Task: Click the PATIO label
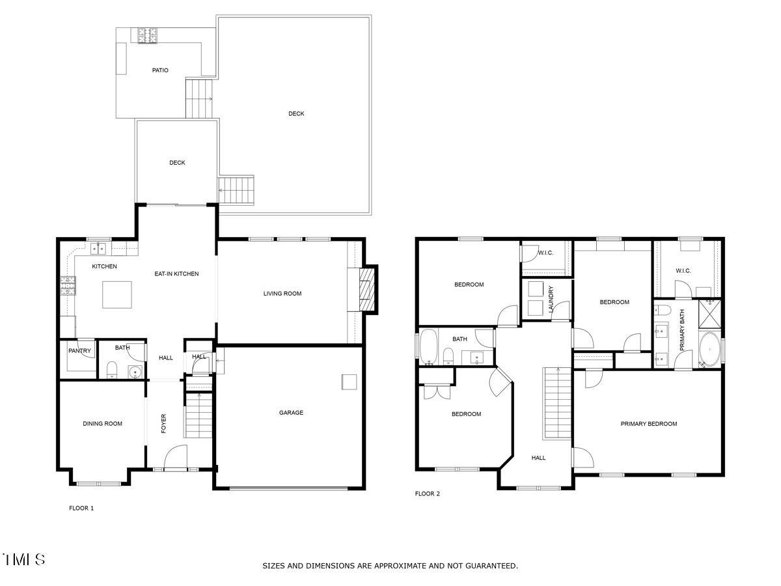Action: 160,70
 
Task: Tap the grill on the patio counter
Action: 147,36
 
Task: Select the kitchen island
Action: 117,294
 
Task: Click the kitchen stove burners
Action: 68,285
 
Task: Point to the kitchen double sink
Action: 98,248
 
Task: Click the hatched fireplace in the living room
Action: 367,289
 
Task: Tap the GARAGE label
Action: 291,412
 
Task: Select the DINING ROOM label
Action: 102,423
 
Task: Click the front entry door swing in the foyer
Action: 176,458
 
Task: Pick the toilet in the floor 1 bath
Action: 112,370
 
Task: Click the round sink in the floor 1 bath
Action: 135,372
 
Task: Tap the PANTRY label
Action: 79,350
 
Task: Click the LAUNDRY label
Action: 551,300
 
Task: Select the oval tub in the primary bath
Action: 710,349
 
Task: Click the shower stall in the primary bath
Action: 710,314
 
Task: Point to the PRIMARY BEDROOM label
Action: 649,423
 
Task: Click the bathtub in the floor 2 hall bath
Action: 428,346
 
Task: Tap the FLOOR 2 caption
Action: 428,494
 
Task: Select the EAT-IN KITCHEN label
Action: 176,273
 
